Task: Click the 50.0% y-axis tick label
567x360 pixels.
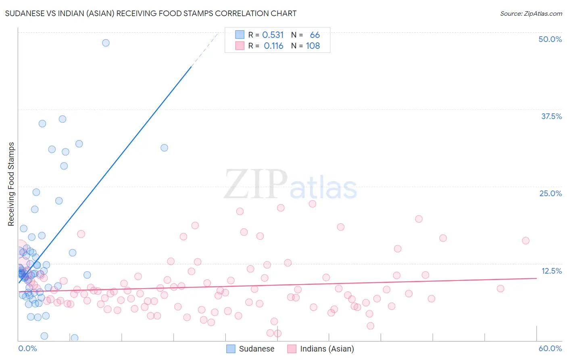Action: point(550,39)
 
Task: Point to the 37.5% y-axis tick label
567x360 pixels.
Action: point(551,116)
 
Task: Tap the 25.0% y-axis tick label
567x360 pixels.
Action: point(550,193)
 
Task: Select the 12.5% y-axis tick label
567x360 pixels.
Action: point(551,271)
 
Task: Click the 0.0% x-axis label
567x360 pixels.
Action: point(27,348)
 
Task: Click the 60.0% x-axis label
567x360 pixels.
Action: point(550,348)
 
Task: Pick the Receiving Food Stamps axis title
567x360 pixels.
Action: point(11,184)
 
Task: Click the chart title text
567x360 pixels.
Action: point(150,13)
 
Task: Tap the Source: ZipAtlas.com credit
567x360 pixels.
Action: point(531,13)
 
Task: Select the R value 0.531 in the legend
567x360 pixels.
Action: point(273,35)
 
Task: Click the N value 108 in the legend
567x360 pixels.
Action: point(313,46)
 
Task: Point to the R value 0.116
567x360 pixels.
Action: point(273,46)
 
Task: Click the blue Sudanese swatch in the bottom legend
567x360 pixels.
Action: point(231,349)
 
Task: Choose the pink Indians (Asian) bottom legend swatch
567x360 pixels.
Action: point(292,349)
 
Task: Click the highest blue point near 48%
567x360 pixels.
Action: point(106,43)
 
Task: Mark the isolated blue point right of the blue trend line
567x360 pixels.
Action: point(164,148)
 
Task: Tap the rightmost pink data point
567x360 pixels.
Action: point(525,241)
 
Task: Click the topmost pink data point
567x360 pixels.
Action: point(312,204)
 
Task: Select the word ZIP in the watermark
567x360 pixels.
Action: point(256,184)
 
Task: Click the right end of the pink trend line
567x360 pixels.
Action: point(537,278)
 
